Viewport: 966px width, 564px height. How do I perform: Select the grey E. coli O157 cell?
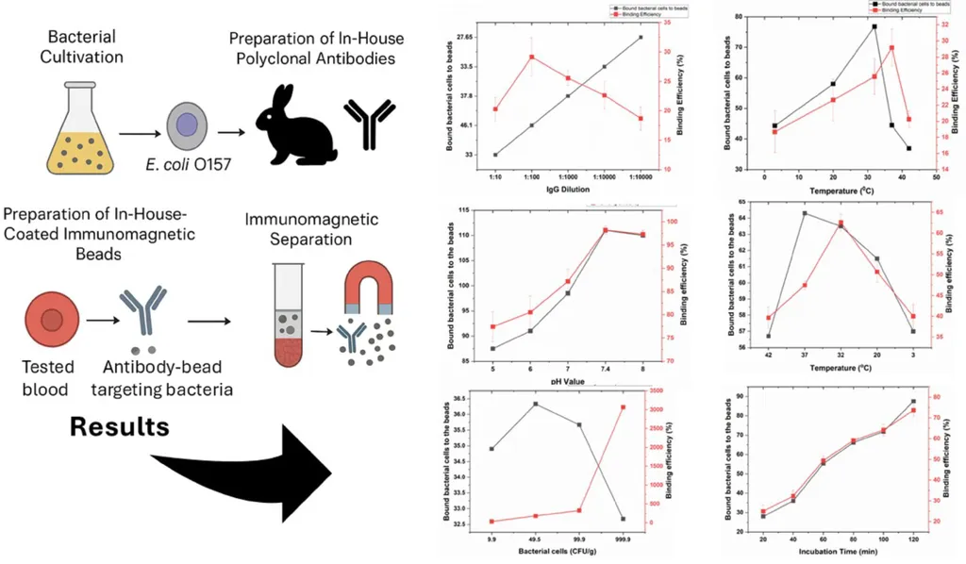point(187,124)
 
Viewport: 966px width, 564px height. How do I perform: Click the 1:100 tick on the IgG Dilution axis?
point(531,176)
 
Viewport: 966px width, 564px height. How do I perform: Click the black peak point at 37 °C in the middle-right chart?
point(805,213)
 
